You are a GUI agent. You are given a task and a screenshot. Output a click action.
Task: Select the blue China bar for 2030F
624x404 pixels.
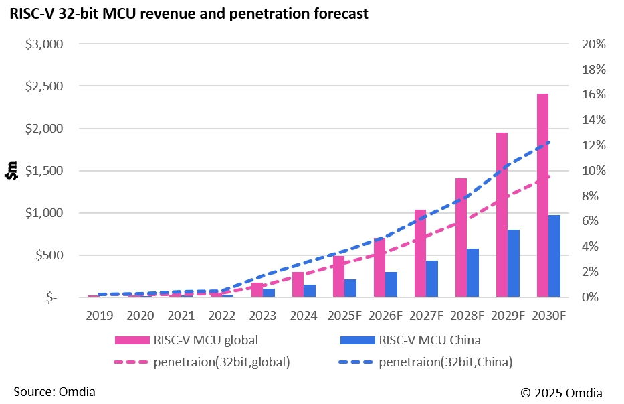coord(555,256)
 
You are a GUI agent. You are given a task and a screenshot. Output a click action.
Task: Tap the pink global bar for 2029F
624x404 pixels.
coord(502,214)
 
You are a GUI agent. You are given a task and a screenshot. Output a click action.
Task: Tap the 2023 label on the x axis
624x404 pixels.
coord(262,314)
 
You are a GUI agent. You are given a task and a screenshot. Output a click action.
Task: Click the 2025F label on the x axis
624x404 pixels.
coord(344,314)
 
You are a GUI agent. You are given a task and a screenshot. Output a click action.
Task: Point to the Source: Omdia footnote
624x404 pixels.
coord(54,391)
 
